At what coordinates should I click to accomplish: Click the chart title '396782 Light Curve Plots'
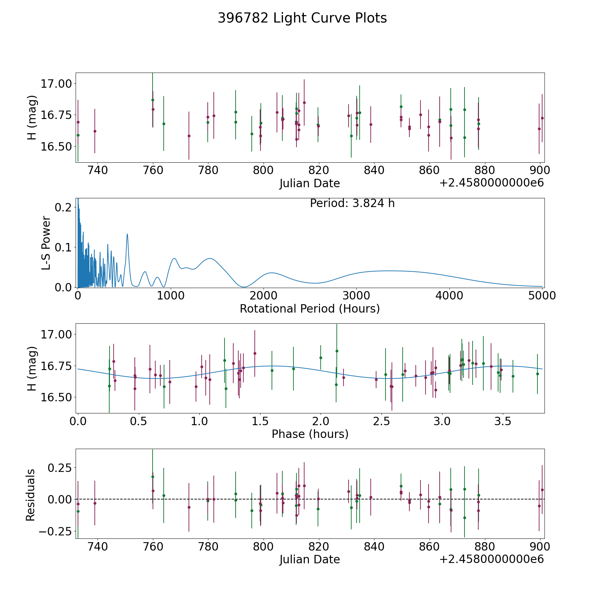302,18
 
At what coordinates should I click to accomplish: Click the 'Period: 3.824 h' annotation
352,203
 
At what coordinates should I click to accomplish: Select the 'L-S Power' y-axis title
46,243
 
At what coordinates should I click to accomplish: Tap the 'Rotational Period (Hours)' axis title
310,309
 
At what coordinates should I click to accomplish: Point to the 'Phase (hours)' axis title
310,434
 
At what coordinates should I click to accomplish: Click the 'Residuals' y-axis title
31,495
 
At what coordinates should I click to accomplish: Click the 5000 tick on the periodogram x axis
542,296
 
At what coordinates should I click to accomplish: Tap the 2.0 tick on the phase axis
321,421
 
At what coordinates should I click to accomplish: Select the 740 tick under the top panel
97,170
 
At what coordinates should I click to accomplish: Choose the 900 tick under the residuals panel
540,547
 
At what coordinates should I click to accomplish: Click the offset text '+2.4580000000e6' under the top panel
491,183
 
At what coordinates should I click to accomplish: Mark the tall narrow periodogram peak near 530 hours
127,234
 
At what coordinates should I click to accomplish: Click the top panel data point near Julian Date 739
95,131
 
